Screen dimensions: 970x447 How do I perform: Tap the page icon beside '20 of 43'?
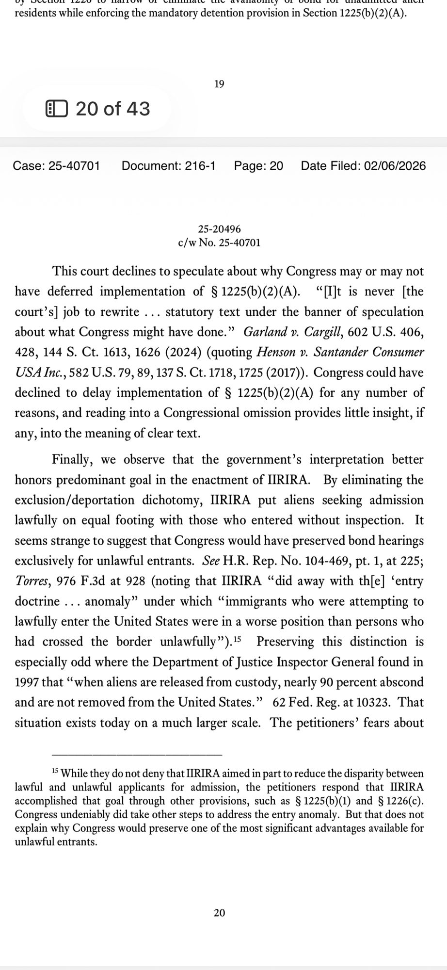click(x=56, y=109)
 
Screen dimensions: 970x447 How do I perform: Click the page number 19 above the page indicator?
click(x=219, y=84)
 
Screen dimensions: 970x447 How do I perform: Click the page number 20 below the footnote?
click(x=219, y=913)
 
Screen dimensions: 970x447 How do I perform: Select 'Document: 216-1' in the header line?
click(x=168, y=166)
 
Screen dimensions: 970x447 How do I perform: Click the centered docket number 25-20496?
click(x=219, y=229)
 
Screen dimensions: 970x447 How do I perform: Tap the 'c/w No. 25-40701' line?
click(x=219, y=242)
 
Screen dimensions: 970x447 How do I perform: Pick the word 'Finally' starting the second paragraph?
click(x=73, y=459)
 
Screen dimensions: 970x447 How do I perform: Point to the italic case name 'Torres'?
click(x=30, y=581)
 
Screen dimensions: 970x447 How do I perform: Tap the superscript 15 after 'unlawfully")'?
click(x=237, y=640)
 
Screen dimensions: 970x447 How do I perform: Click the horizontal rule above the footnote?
click(x=137, y=755)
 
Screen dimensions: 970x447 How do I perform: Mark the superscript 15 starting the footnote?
click(x=55, y=771)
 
